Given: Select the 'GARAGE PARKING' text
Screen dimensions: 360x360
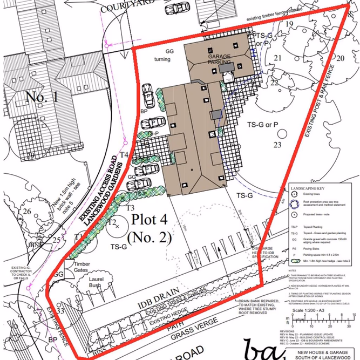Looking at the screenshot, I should click(220, 59).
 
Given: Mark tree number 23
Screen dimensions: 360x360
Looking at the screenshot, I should click(277, 145).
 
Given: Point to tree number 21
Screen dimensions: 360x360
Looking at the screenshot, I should click(277, 58).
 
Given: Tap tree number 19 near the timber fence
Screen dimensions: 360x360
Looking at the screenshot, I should click(289, 24).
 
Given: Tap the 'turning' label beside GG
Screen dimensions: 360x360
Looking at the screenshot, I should click(162, 59).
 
